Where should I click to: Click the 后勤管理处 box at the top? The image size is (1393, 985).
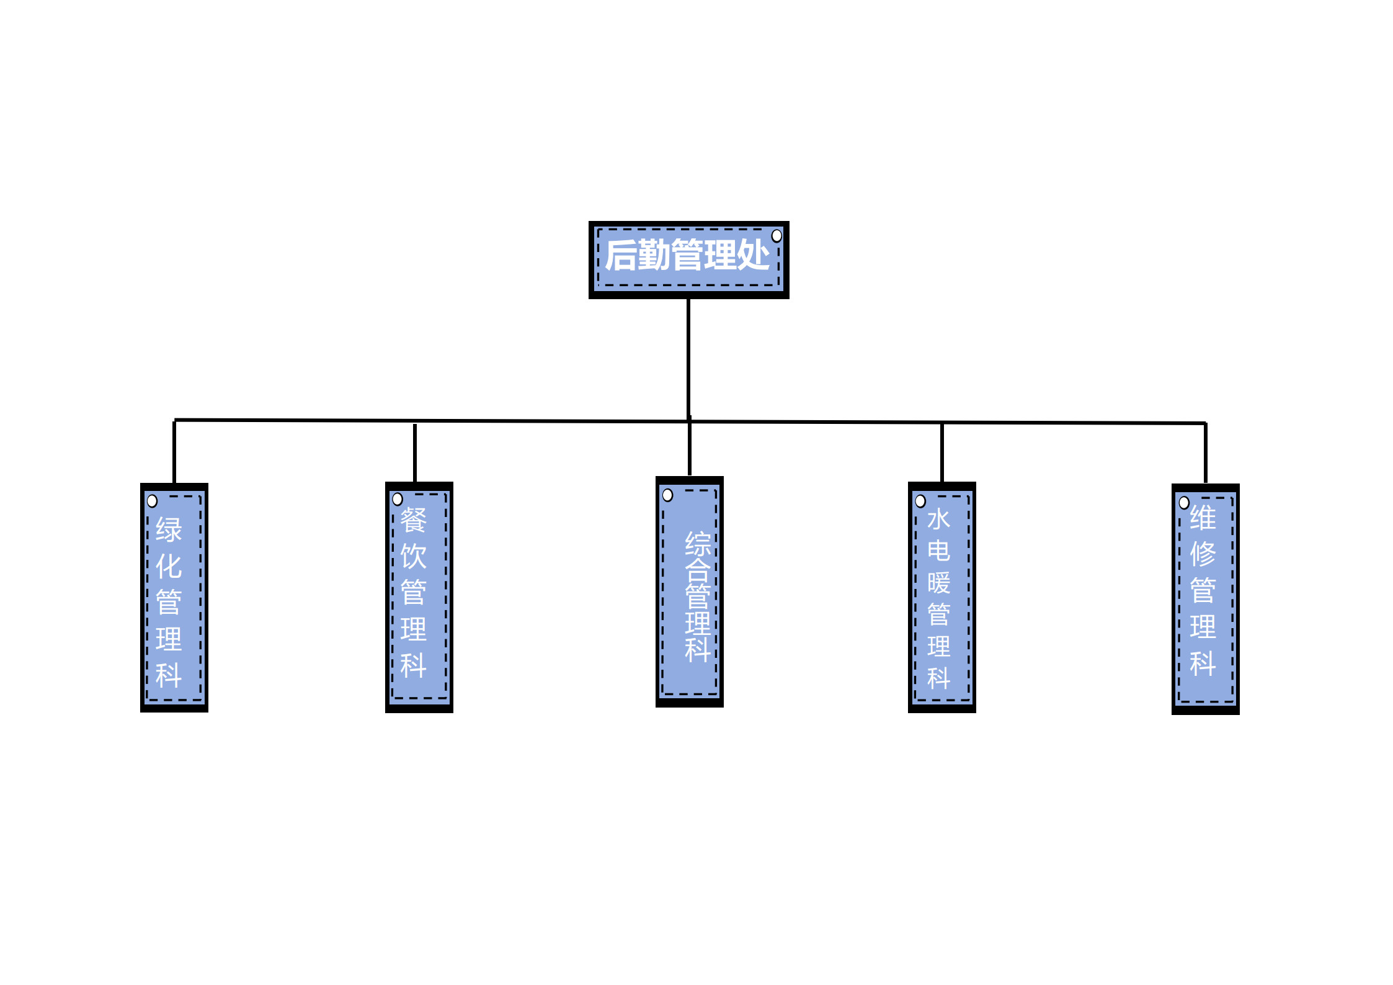(688, 259)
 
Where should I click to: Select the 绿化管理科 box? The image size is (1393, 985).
(174, 597)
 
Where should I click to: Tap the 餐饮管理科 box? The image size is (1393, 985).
(419, 597)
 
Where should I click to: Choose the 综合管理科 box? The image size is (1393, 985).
(690, 591)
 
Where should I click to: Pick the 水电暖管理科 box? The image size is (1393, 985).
(942, 597)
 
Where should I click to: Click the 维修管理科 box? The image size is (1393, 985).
(1206, 599)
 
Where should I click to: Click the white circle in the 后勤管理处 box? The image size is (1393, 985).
(777, 236)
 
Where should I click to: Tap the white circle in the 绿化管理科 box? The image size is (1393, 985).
(152, 501)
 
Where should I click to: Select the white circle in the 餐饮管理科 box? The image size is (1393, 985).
(398, 499)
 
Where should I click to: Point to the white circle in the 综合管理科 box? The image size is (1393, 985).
(667, 495)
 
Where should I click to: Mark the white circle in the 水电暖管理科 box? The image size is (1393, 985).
(920, 501)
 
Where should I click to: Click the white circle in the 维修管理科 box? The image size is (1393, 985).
(1184, 503)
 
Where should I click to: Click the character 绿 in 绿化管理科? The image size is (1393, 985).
(169, 530)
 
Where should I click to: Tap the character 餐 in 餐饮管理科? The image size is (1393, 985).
(414, 520)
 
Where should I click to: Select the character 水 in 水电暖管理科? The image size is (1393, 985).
(939, 519)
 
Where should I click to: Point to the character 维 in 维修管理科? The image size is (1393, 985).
(1203, 518)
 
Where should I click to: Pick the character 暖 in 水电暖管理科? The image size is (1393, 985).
(939, 583)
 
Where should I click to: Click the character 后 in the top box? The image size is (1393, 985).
(622, 255)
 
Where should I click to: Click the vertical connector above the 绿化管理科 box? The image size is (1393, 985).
(174, 452)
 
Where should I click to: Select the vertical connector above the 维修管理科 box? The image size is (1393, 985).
(1206, 453)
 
